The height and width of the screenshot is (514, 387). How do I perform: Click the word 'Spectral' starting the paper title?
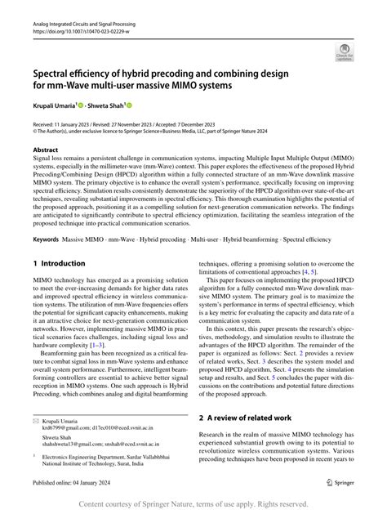tap(54, 73)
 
